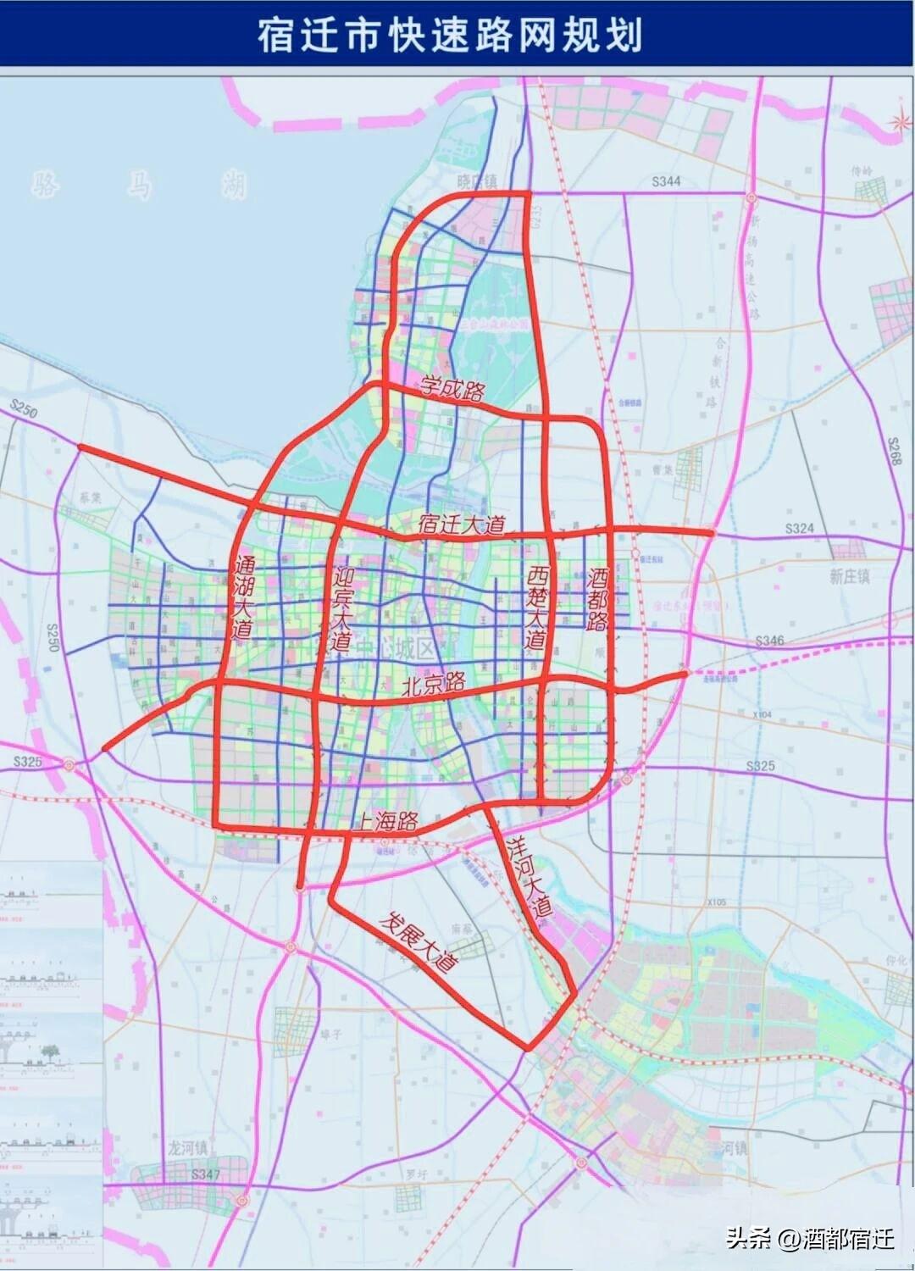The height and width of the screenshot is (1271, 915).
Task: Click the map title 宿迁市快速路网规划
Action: (450, 36)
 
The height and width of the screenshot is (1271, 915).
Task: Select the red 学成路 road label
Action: (452, 390)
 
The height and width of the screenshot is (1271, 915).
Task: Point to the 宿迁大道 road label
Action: (462, 524)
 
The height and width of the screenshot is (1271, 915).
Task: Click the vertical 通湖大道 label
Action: (243, 597)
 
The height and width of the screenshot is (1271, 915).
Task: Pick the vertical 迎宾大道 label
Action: (341, 608)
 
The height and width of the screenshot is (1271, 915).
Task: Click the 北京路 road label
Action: (434, 684)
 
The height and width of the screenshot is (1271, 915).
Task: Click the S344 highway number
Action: (666, 181)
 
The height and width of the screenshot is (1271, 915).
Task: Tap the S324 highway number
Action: (799, 528)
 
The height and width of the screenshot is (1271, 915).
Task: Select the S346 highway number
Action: (768, 641)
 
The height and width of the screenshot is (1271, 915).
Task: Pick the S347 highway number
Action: (205, 1174)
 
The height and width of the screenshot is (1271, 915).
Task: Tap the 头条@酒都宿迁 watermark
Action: (809, 1239)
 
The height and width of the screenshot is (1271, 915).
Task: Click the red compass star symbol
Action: (897, 124)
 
